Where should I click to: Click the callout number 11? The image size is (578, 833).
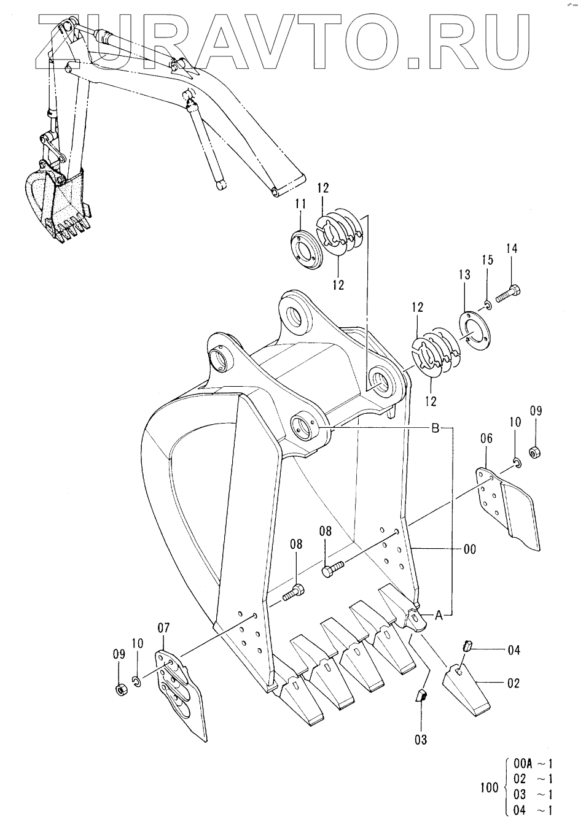(x=300, y=204)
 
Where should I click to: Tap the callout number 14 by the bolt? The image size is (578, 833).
(x=512, y=249)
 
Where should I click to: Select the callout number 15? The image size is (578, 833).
(x=488, y=260)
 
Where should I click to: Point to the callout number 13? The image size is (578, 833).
(x=464, y=275)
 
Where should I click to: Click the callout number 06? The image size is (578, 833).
(x=486, y=438)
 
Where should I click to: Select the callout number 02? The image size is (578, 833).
(x=513, y=683)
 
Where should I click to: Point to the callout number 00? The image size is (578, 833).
(x=469, y=549)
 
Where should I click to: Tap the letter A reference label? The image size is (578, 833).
(x=439, y=616)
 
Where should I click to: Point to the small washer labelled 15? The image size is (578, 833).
(x=488, y=306)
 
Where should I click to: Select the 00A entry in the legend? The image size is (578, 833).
(x=522, y=765)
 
